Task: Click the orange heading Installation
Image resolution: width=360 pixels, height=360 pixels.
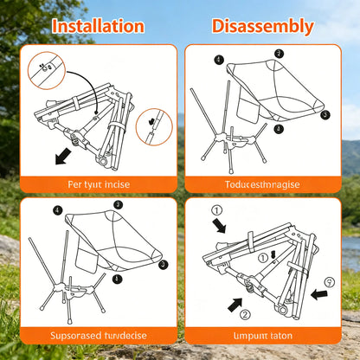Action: (97, 25)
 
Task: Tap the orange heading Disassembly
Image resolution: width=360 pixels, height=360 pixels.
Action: (263, 25)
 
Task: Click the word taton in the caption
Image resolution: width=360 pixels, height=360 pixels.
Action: (280, 336)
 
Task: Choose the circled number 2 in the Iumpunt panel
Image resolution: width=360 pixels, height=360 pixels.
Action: (245, 313)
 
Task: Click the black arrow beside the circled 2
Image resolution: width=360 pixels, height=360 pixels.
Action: (233, 302)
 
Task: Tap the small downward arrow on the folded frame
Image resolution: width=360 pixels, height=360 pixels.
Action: (273, 254)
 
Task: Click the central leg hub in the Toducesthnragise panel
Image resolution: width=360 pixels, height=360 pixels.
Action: (234, 138)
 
